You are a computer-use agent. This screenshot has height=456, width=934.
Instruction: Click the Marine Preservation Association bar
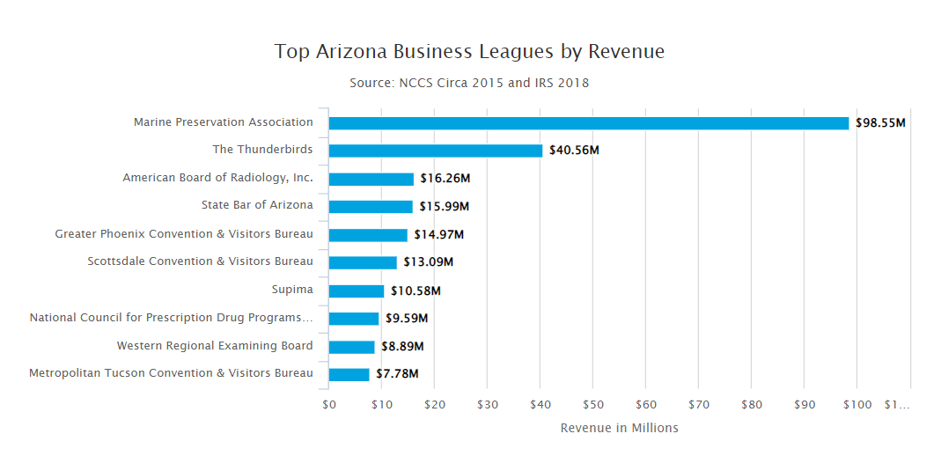tap(588, 123)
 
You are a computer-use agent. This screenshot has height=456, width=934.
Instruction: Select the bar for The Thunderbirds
tap(436, 151)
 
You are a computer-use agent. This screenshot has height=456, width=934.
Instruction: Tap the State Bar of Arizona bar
tap(371, 207)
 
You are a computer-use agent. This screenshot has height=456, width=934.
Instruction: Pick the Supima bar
tap(357, 291)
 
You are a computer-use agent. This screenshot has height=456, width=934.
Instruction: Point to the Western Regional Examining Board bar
tap(352, 347)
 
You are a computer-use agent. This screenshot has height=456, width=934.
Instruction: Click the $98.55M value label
tap(880, 123)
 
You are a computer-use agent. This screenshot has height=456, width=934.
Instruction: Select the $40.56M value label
tap(574, 151)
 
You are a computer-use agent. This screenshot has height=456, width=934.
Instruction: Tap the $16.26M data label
tap(445, 179)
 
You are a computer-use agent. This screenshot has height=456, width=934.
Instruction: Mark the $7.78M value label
tap(397, 374)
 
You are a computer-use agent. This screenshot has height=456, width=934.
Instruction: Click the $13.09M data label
tap(429, 262)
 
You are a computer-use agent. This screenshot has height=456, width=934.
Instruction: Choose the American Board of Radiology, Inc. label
tap(217, 178)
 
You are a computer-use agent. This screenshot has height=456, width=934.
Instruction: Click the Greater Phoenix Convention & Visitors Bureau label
tap(184, 234)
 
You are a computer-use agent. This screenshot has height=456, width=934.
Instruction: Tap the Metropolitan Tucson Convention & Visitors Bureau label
tap(171, 373)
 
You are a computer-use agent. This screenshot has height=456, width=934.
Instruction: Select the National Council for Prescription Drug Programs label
tap(171, 318)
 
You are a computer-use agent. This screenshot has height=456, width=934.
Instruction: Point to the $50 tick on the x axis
tap(592, 405)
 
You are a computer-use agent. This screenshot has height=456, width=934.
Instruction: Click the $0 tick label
tap(329, 405)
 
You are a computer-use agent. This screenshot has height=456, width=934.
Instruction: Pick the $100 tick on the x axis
tap(857, 405)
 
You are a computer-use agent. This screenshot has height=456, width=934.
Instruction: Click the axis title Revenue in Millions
tap(619, 428)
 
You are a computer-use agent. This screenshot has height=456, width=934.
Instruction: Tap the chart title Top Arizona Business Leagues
tap(469, 51)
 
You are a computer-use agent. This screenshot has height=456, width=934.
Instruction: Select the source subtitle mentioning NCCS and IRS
tap(469, 83)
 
